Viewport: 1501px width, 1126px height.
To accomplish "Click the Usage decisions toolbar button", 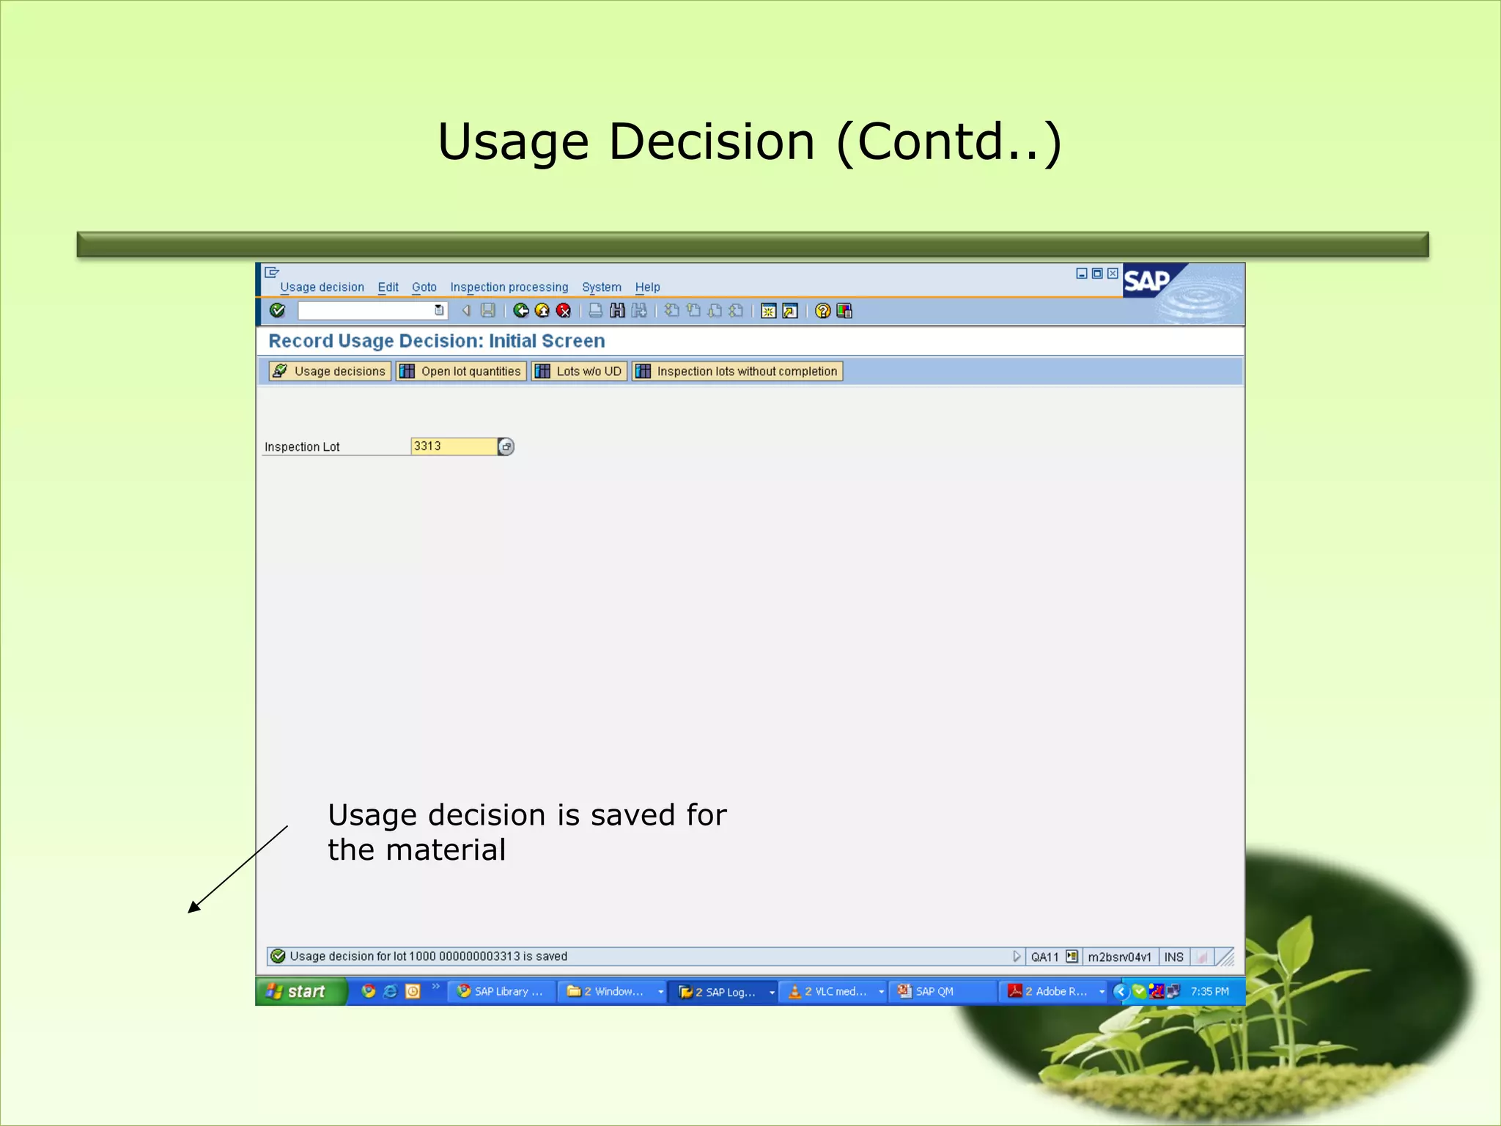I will [330, 372].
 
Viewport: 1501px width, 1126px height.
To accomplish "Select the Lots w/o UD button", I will [579, 372].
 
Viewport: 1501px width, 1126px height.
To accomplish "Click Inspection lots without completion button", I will [737, 372].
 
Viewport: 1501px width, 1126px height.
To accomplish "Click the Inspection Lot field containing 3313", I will [453, 446].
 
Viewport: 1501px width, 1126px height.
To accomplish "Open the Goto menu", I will [424, 287].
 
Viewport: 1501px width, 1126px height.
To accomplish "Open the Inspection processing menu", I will [509, 287].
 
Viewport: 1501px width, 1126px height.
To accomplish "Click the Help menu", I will [647, 287].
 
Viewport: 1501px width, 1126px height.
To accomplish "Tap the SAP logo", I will [1146, 281].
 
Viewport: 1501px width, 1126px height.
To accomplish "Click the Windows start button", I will [298, 992].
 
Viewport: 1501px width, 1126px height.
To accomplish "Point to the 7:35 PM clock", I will [1209, 992].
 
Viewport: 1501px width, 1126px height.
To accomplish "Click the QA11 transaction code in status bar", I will [1044, 957].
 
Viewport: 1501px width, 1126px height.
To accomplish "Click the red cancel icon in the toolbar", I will [564, 311].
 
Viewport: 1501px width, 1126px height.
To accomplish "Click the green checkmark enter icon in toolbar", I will [277, 311].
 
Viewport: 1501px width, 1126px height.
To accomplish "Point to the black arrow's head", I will [191, 911].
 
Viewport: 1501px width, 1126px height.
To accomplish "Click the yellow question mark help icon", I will [822, 311].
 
